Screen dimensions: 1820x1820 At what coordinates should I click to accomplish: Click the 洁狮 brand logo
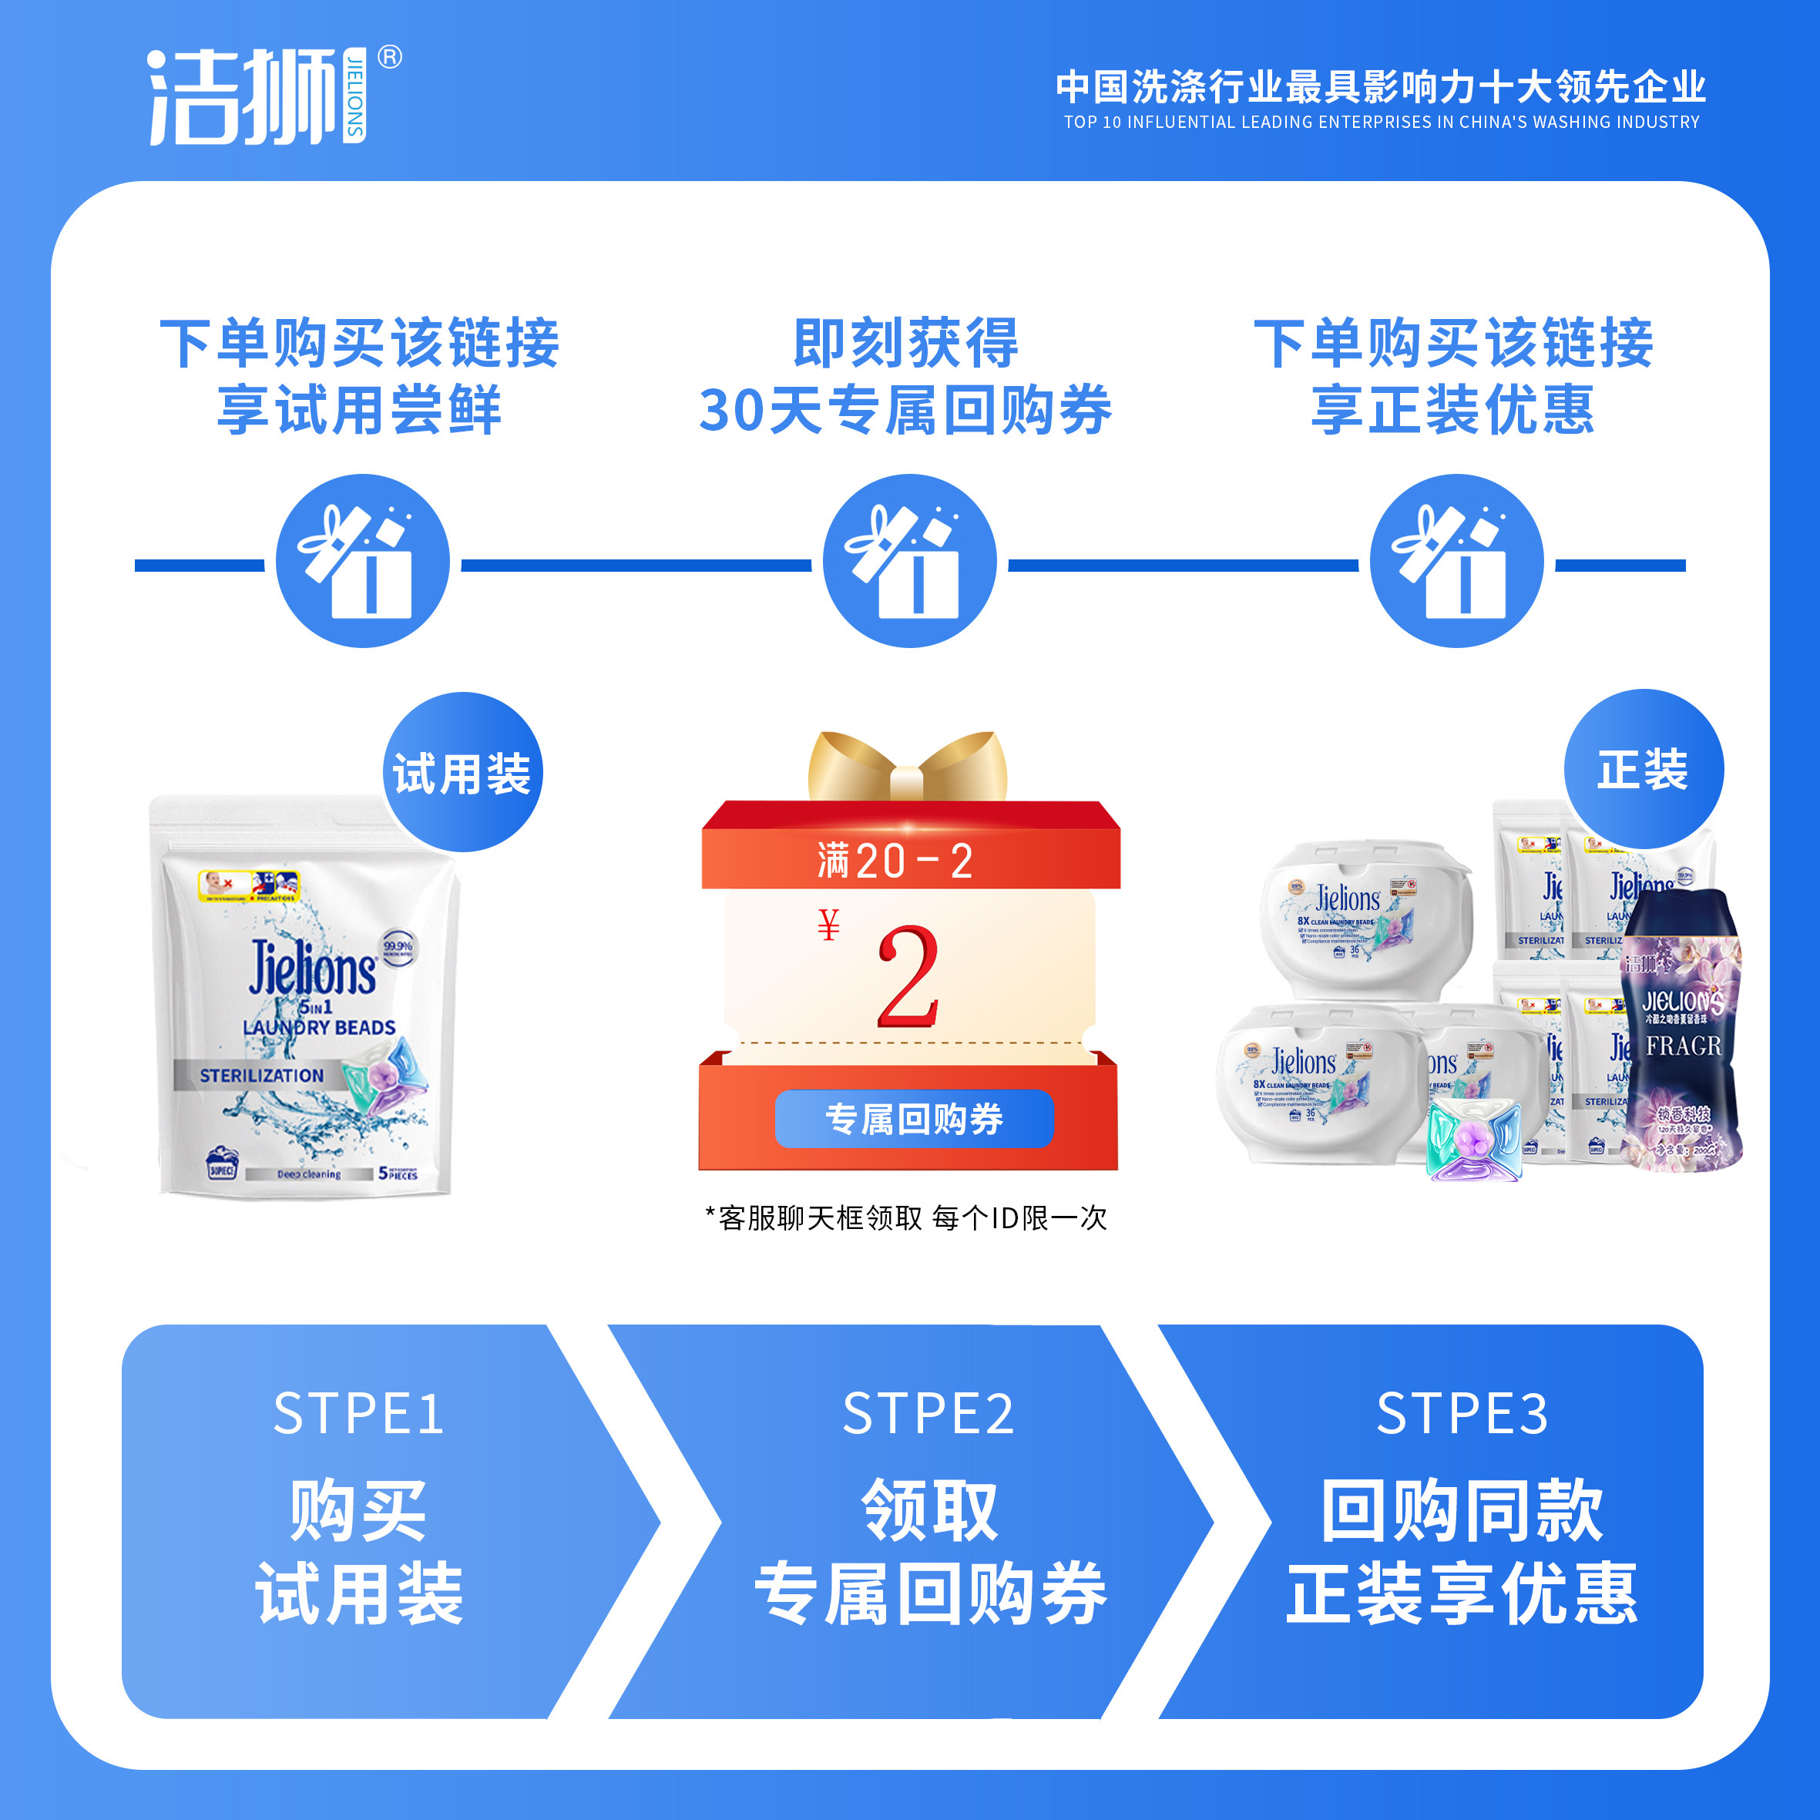pyautogui.click(x=254, y=96)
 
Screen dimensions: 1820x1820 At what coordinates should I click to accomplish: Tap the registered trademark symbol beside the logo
pyautogui.click(x=390, y=58)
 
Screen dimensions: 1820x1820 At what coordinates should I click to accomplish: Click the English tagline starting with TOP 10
pyautogui.click(x=1381, y=123)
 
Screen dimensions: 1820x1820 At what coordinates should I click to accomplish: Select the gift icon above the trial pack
pyautogui.click(x=363, y=562)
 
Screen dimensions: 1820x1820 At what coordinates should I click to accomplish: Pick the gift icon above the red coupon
pyautogui.click(x=909, y=562)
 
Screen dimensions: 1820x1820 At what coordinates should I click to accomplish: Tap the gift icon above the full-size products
pyautogui.click(x=1456, y=562)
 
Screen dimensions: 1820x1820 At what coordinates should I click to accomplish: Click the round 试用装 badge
pyautogui.click(x=462, y=774)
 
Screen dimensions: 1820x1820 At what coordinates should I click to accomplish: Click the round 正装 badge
pyautogui.click(x=1643, y=770)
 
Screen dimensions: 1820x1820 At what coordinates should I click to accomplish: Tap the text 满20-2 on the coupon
pyautogui.click(x=895, y=861)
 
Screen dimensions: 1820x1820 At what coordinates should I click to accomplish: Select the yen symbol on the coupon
pyautogui.click(x=828, y=925)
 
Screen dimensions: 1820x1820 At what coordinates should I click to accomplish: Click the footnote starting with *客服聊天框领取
pyautogui.click(x=905, y=1218)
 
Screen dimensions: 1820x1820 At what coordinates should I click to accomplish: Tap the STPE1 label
pyautogui.click(x=358, y=1414)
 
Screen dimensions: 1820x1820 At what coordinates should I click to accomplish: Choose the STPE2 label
pyautogui.click(x=928, y=1414)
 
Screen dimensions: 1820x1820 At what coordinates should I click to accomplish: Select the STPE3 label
pyautogui.click(x=1462, y=1414)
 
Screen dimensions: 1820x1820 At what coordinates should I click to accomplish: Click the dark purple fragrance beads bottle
pyautogui.click(x=1681, y=1032)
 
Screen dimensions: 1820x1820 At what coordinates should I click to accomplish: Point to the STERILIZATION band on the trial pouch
pyautogui.click(x=261, y=1075)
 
